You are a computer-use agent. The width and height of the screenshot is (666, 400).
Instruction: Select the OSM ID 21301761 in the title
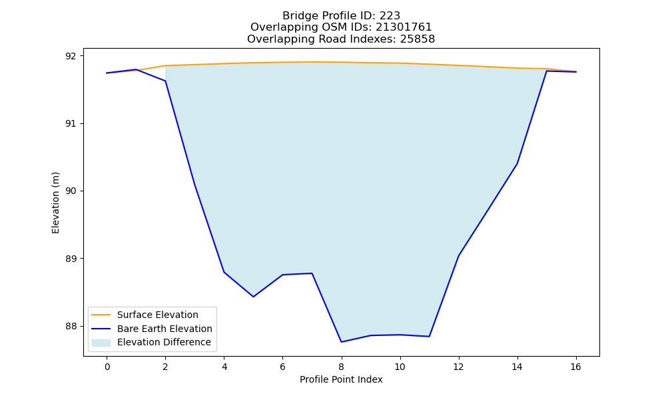coord(404,27)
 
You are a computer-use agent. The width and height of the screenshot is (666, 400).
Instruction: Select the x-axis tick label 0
coord(107,367)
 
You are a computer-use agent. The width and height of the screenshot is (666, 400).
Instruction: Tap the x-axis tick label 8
coord(342,367)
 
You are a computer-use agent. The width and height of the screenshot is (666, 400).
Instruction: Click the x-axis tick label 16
coord(575,367)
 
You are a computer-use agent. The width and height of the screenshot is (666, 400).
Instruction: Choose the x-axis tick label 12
coord(458,367)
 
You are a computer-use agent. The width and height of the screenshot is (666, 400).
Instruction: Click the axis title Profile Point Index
coord(341,379)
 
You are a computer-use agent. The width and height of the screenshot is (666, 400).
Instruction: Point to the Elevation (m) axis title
coord(56,203)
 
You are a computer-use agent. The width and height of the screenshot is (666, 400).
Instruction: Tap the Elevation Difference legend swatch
coord(101,343)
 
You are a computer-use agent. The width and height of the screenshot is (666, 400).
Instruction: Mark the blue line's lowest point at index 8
coord(342,342)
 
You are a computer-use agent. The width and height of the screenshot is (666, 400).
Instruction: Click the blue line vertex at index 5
coord(254,297)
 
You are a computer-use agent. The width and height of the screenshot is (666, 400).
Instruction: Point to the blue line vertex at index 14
coord(517,163)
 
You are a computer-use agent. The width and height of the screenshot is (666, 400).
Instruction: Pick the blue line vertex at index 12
coord(458,256)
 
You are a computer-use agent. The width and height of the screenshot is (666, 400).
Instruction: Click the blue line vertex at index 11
coord(430,337)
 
